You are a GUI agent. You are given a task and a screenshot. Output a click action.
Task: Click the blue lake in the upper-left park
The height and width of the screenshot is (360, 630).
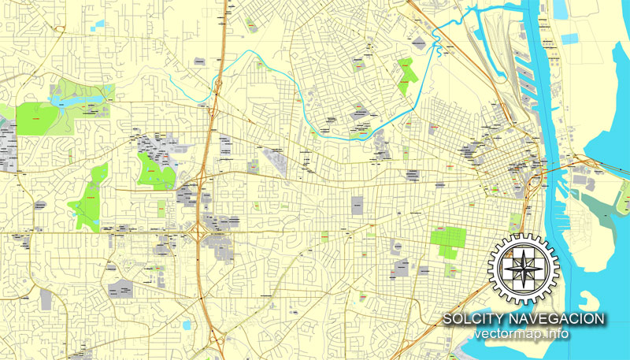point(59,102)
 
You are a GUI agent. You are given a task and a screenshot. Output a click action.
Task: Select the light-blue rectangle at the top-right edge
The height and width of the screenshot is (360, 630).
point(561,9)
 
